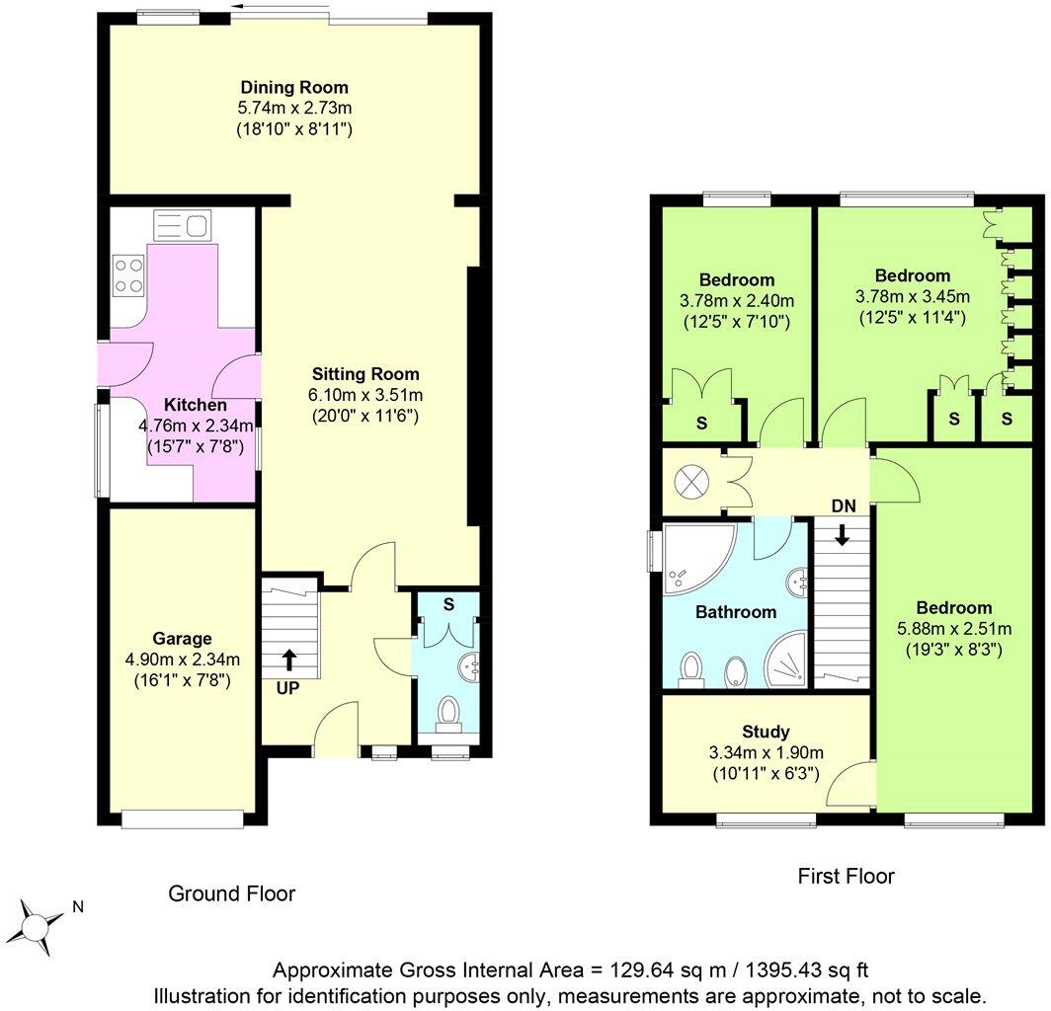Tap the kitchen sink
[x=180, y=226]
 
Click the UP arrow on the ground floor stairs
[x=288, y=659]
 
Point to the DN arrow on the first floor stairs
[x=842, y=535]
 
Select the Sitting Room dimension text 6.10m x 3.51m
[x=365, y=395]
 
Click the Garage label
[x=181, y=639]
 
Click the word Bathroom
[x=736, y=612]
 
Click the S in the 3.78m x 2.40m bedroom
[x=702, y=424]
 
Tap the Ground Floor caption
[x=232, y=894]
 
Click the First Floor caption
[x=846, y=876]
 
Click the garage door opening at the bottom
[x=183, y=817]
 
